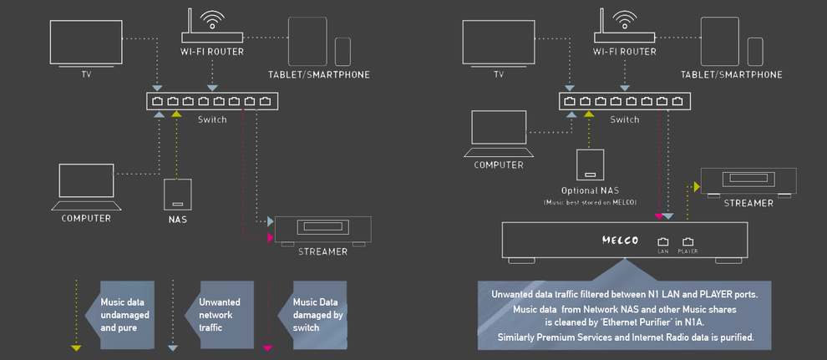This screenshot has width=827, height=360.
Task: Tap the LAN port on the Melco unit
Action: click(663, 243)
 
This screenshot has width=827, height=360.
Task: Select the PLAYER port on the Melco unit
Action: click(688, 243)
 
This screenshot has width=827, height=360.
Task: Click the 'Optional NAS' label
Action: click(590, 190)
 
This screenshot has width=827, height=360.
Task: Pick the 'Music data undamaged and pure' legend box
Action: click(125, 315)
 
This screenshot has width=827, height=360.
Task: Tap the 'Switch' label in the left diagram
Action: click(212, 119)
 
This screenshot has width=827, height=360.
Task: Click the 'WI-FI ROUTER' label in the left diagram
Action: click(211, 52)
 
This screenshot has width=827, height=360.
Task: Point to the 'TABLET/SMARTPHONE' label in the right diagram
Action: click(731, 74)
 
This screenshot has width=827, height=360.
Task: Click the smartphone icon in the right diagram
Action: click(755, 51)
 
